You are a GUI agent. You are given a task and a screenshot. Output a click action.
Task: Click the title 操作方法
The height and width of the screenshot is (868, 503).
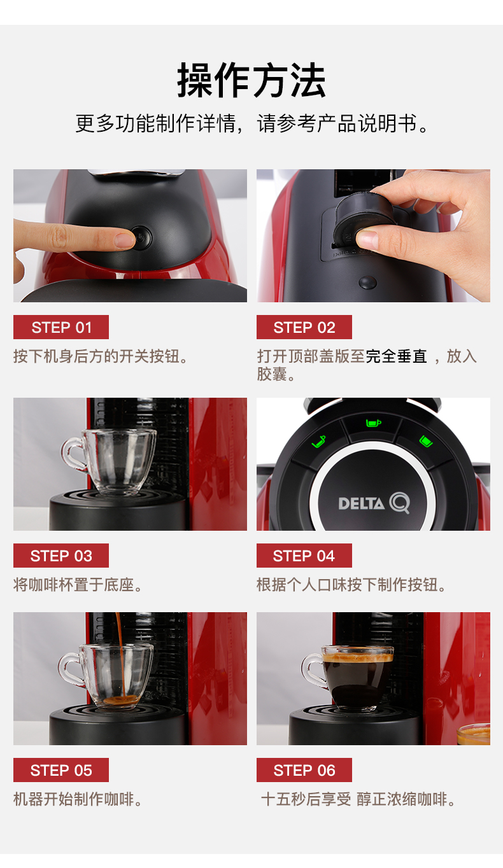tap(251, 80)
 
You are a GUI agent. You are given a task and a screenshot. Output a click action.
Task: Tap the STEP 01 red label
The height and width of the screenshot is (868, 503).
tap(61, 327)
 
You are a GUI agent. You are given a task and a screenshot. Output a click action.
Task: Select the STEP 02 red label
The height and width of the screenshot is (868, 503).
tap(304, 327)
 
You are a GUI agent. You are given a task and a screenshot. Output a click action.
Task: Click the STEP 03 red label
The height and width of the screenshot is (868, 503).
tap(61, 556)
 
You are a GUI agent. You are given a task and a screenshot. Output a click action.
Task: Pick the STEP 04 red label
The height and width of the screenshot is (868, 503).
tap(304, 556)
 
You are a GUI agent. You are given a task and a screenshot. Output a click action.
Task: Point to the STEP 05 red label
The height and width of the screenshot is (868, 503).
tap(61, 770)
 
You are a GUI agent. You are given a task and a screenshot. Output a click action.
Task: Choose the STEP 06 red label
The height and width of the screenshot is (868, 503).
tap(304, 770)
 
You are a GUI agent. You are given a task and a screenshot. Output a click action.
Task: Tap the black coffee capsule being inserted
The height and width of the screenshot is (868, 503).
tap(360, 221)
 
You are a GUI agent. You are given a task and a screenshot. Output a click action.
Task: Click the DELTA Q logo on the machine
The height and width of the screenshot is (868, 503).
tap(374, 503)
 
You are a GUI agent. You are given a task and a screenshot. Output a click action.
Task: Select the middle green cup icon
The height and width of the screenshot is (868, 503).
tap(374, 423)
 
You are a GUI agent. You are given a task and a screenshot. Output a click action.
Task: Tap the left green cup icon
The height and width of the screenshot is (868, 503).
tap(319, 442)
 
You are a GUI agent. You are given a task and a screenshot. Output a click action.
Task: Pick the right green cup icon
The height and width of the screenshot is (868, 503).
tap(426, 441)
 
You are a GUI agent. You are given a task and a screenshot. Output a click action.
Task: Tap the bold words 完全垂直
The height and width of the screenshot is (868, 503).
tap(396, 356)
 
